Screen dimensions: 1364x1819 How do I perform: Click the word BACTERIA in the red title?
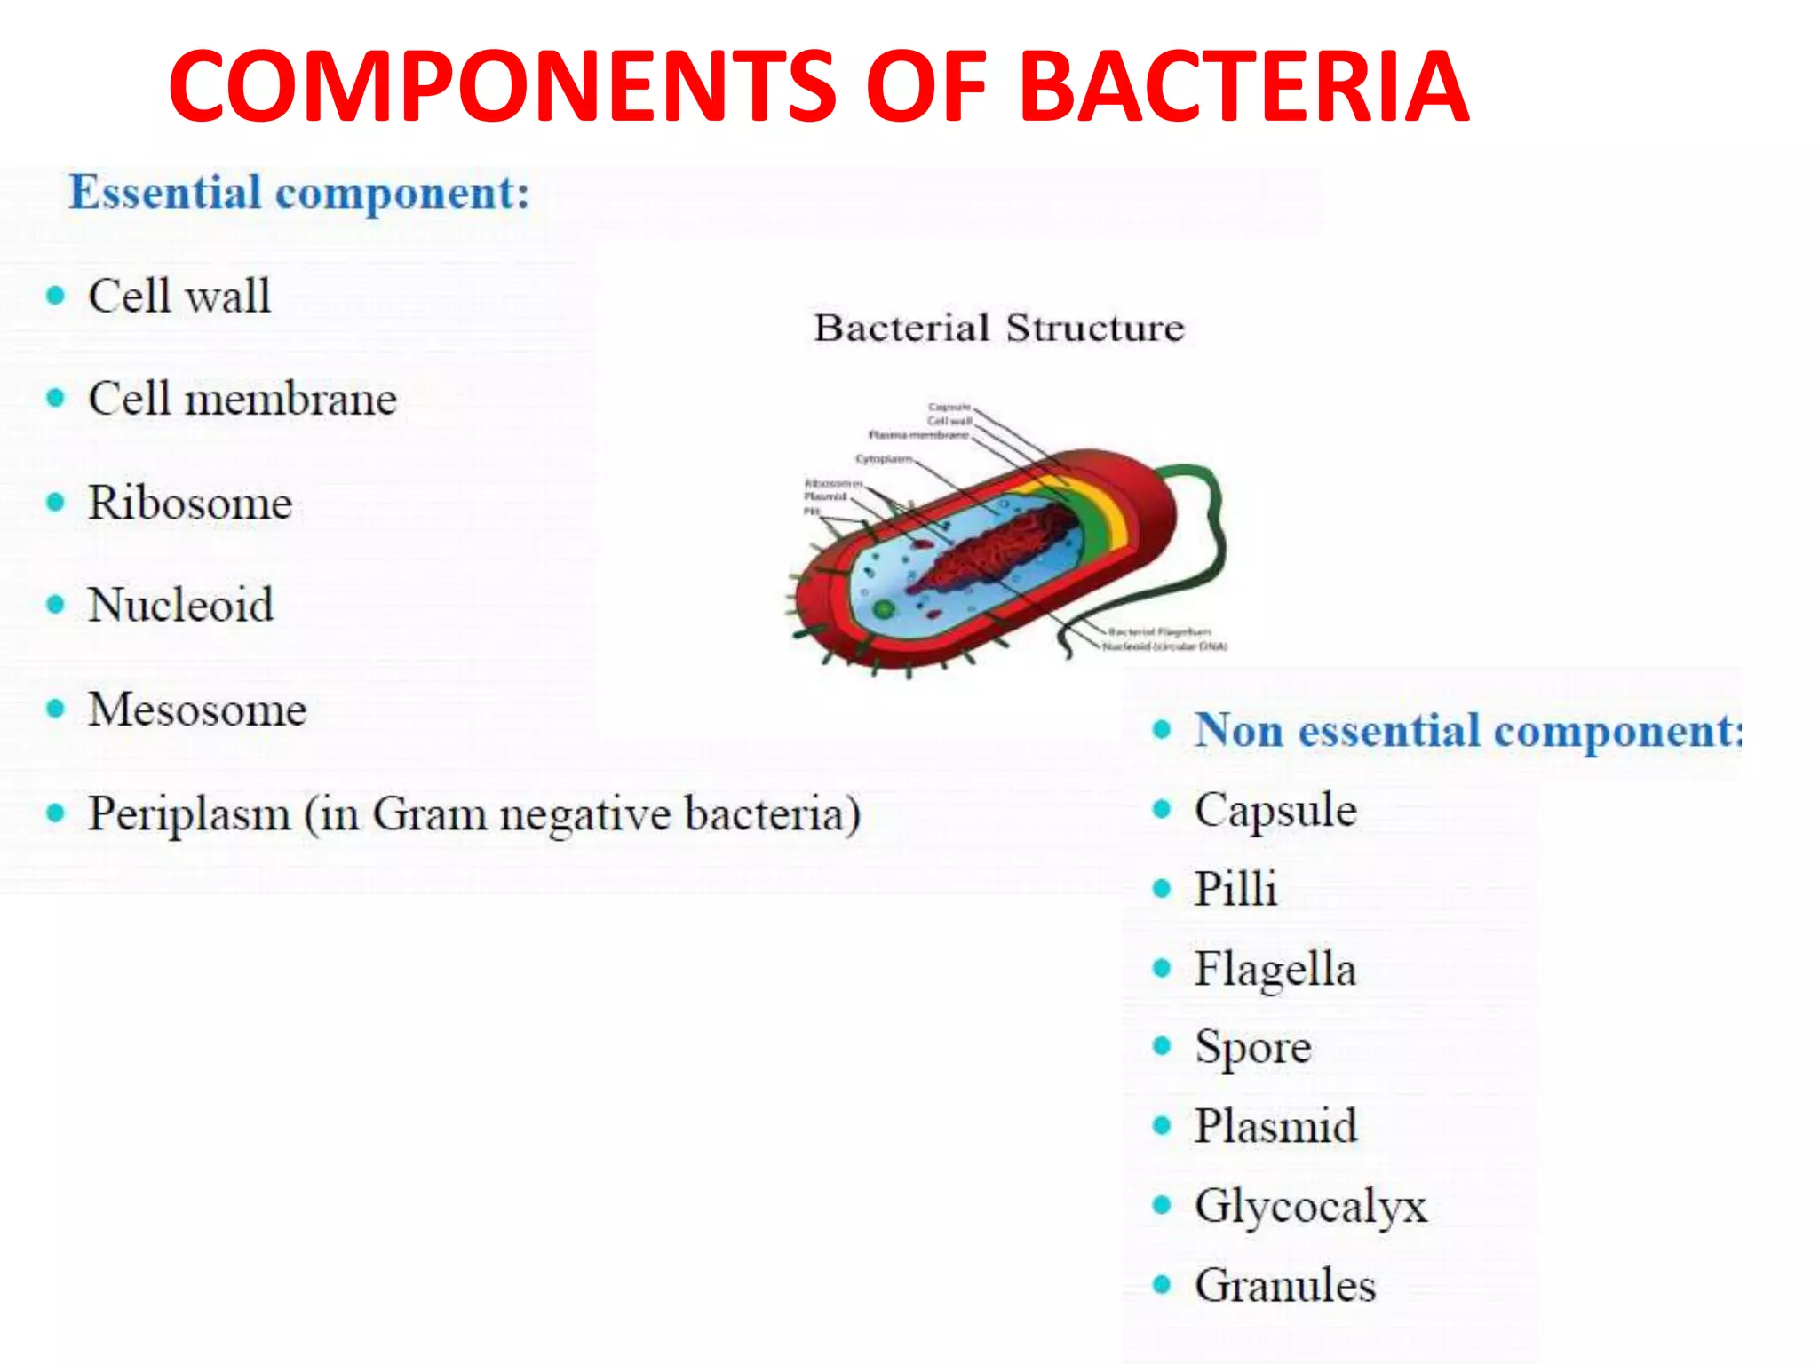coord(1243,86)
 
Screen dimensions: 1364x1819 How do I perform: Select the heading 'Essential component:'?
coord(299,193)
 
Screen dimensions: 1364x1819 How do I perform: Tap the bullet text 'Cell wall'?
coord(179,296)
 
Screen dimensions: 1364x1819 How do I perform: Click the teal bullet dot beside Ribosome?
coord(55,503)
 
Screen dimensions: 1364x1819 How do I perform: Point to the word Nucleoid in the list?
coord(180,605)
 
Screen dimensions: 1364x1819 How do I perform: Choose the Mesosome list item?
coord(197,710)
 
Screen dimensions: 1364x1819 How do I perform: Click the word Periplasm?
coord(188,813)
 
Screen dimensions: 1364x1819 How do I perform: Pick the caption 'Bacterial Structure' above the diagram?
coord(998,328)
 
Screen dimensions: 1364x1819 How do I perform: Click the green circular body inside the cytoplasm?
coord(883,609)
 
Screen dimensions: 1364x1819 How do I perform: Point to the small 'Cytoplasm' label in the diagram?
coord(883,459)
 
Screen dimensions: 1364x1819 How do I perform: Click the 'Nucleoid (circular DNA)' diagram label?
coord(1164,646)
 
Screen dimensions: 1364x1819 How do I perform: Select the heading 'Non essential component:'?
coord(1466,731)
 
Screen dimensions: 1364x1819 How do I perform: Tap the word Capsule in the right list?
coord(1275,810)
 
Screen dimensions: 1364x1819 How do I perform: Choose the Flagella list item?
coord(1275,969)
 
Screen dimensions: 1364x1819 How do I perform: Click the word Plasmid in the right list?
coord(1275,1126)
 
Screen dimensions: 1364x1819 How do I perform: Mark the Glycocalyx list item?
coord(1310,1206)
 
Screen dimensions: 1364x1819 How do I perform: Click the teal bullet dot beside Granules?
coord(1161,1284)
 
